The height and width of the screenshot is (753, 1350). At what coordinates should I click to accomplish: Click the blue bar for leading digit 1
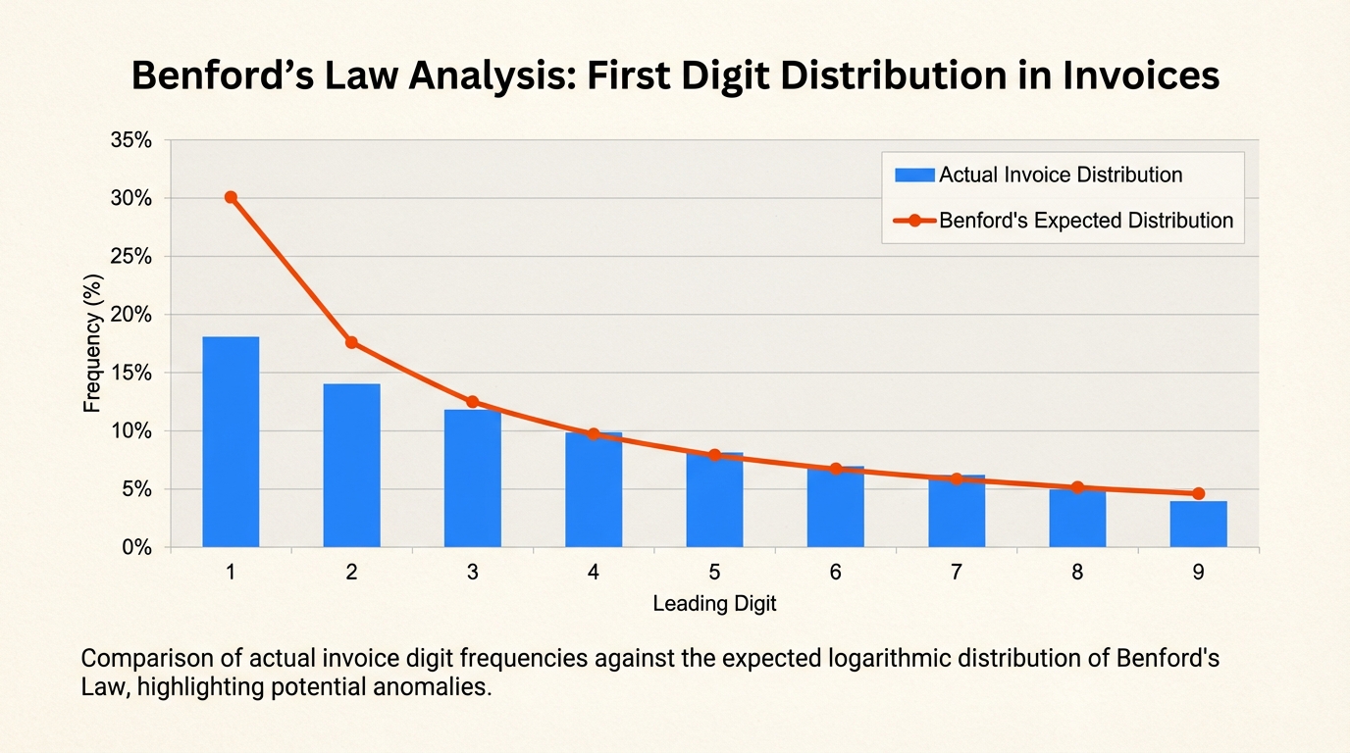231,442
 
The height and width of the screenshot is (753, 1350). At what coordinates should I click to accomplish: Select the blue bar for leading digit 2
351,466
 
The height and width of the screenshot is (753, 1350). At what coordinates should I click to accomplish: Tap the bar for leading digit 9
1198,525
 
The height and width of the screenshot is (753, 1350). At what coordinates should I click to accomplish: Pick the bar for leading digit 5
714,500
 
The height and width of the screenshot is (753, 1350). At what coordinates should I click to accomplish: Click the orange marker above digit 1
231,197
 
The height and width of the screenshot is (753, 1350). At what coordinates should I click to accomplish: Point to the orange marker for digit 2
351,342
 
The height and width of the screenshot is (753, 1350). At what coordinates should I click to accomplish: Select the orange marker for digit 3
472,402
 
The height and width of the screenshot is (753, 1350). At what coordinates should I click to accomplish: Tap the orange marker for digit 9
1198,493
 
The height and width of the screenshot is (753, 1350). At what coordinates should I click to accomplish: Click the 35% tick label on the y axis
130,140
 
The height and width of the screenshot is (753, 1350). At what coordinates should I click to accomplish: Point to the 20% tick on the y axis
130,315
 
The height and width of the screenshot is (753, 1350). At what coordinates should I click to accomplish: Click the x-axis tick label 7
956,573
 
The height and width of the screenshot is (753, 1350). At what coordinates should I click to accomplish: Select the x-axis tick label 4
594,573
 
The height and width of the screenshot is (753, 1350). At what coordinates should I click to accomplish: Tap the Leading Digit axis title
714,604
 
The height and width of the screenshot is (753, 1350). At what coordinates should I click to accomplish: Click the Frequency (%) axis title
92,342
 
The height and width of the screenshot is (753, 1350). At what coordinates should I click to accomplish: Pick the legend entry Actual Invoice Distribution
1060,176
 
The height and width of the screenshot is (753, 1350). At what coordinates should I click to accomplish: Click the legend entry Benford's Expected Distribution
1085,221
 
